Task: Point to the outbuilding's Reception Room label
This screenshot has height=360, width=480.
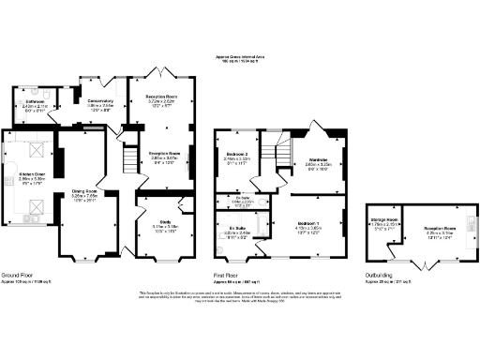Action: coord(433,228)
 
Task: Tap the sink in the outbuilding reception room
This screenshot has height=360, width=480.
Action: coord(468,228)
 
